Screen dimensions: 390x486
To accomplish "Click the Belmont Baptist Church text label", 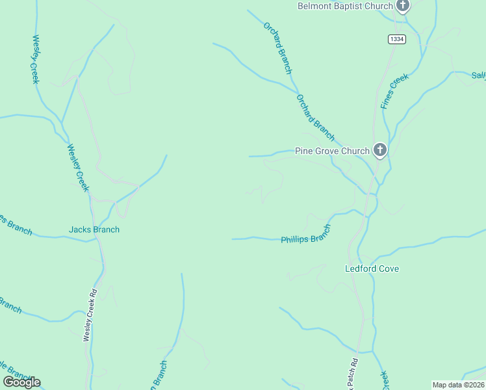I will (345, 6).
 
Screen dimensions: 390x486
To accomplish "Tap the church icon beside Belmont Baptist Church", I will (403, 6).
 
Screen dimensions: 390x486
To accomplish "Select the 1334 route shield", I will (397, 40).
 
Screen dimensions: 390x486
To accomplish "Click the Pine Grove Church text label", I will (332, 151).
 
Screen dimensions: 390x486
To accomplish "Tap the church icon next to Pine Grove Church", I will (380, 151).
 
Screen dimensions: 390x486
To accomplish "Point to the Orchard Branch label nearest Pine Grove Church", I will (315, 118).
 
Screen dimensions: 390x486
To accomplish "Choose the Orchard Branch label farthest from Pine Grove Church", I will (278, 47).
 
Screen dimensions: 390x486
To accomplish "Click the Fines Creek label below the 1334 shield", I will (395, 90).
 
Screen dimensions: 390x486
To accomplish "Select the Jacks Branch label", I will (94, 229).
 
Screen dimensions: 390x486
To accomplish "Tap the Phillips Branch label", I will (306, 235).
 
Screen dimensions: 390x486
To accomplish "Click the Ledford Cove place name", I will (371, 268).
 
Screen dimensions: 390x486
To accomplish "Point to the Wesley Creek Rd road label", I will (89, 315).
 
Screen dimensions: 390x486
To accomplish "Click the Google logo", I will (21, 382).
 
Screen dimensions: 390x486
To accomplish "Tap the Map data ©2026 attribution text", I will (458, 385).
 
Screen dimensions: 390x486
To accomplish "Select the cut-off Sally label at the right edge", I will (478, 76).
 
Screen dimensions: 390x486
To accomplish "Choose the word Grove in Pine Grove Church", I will (327, 151).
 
